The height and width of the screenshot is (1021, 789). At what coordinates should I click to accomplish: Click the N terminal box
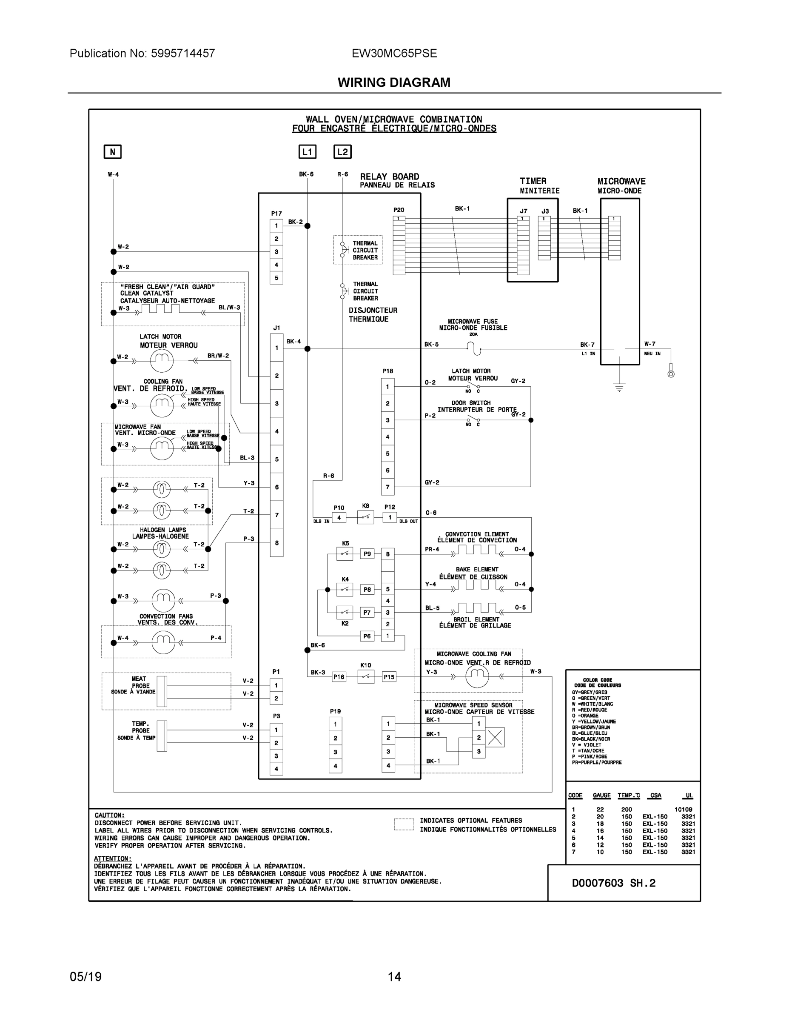tap(112, 152)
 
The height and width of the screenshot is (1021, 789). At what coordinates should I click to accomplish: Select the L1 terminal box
tap(307, 152)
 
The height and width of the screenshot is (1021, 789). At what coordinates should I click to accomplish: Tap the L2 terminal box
tap(343, 152)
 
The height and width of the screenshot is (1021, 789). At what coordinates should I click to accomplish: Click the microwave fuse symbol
tap(473, 348)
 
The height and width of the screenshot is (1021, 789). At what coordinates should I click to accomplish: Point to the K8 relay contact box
tap(365, 517)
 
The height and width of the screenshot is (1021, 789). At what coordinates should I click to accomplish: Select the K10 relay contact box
tap(365, 676)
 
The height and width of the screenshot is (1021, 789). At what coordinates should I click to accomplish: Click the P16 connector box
tap(339, 676)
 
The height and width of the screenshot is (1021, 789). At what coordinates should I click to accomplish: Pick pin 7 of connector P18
tap(387, 487)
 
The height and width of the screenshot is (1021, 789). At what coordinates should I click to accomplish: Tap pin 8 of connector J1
tap(277, 543)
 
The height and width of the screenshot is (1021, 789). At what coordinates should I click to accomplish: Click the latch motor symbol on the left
tap(162, 360)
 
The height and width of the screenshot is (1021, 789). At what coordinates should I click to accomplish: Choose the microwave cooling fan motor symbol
tap(477, 676)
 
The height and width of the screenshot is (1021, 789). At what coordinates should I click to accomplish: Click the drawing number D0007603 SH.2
tap(614, 883)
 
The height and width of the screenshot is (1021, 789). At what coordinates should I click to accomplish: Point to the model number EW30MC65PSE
tap(394, 53)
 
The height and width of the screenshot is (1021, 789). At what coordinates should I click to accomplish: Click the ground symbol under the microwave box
tap(619, 387)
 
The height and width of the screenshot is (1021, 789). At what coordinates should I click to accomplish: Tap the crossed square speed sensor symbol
tap(495, 737)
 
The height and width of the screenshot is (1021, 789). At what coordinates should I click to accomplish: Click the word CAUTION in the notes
tap(109, 815)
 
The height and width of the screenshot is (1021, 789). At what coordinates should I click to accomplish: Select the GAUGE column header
tap(601, 795)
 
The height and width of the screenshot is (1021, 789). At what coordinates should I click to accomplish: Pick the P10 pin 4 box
tap(339, 517)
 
